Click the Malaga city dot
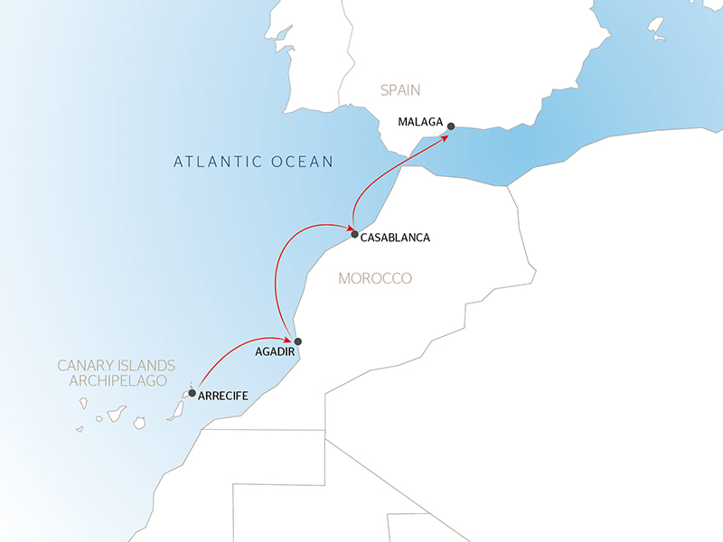(451, 126)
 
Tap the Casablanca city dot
(354, 234)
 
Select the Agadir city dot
(297, 341)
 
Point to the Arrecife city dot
(192, 393)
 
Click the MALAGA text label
(420, 121)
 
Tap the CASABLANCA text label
(395, 238)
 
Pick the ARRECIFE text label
(222, 396)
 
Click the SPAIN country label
(401, 89)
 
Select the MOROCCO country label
(375, 278)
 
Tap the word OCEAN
(303, 163)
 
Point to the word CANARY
(89, 366)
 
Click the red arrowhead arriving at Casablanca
(346, 229)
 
